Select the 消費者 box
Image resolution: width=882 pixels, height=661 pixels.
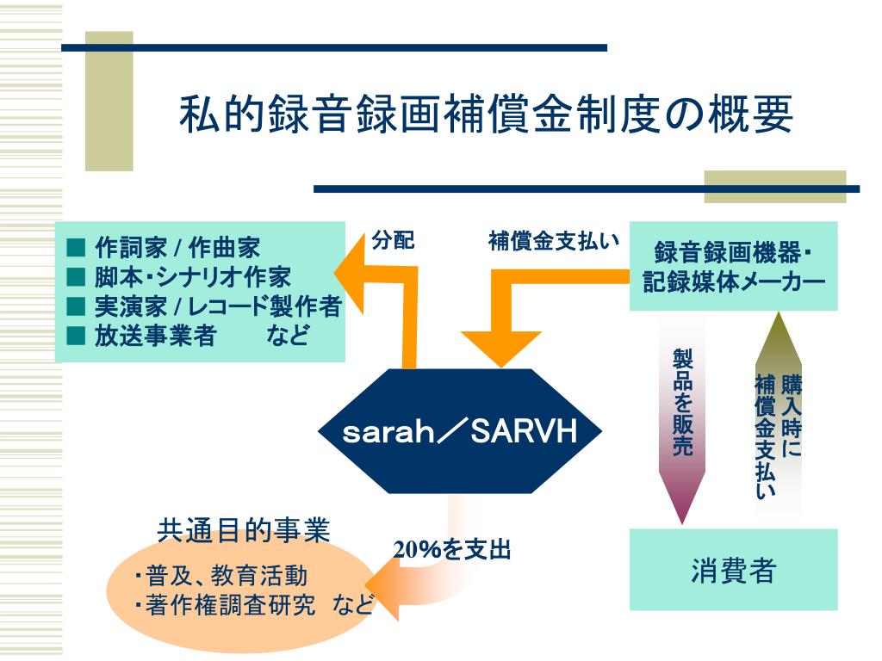click(x=733, y=570)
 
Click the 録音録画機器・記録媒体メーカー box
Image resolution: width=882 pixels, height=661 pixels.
click(x=733, y=267)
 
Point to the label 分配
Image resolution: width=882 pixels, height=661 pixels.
click(x=393, y=241)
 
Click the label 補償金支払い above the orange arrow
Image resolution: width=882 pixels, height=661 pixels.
click(x=554, y=241)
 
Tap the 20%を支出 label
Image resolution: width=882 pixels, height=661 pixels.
click(x=453, y=549)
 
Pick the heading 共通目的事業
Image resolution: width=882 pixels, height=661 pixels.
click(x=244, y=530)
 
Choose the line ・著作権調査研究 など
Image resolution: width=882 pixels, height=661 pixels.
click(x=253, y=605)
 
